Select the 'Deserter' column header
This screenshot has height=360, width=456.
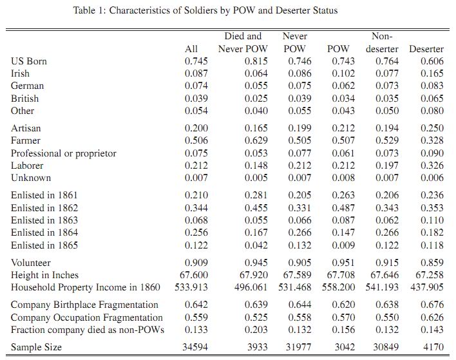(426, 49)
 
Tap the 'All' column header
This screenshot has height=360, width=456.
(191, 49)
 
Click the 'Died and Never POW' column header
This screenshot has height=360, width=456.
(243, 43)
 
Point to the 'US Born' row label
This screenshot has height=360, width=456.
(29, 61)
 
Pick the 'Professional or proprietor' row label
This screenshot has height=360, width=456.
(63, 153)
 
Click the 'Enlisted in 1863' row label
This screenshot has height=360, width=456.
(44, 220)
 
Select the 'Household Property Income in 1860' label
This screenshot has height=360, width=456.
(86, 287)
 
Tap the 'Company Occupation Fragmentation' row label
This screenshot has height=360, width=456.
(87, 317)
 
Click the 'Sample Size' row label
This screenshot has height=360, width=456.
(36, 347)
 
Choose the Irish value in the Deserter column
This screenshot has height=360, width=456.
(432, 73)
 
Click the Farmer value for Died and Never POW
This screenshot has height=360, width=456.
(256, 140)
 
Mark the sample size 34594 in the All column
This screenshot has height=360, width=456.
(195, 347)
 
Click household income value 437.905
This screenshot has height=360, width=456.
(427, 287)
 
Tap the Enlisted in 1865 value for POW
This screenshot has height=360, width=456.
(343, 245)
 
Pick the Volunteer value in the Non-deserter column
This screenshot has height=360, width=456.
(387, 263)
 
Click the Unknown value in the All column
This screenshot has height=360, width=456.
(196, 178)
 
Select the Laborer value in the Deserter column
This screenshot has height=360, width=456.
(432, 166)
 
